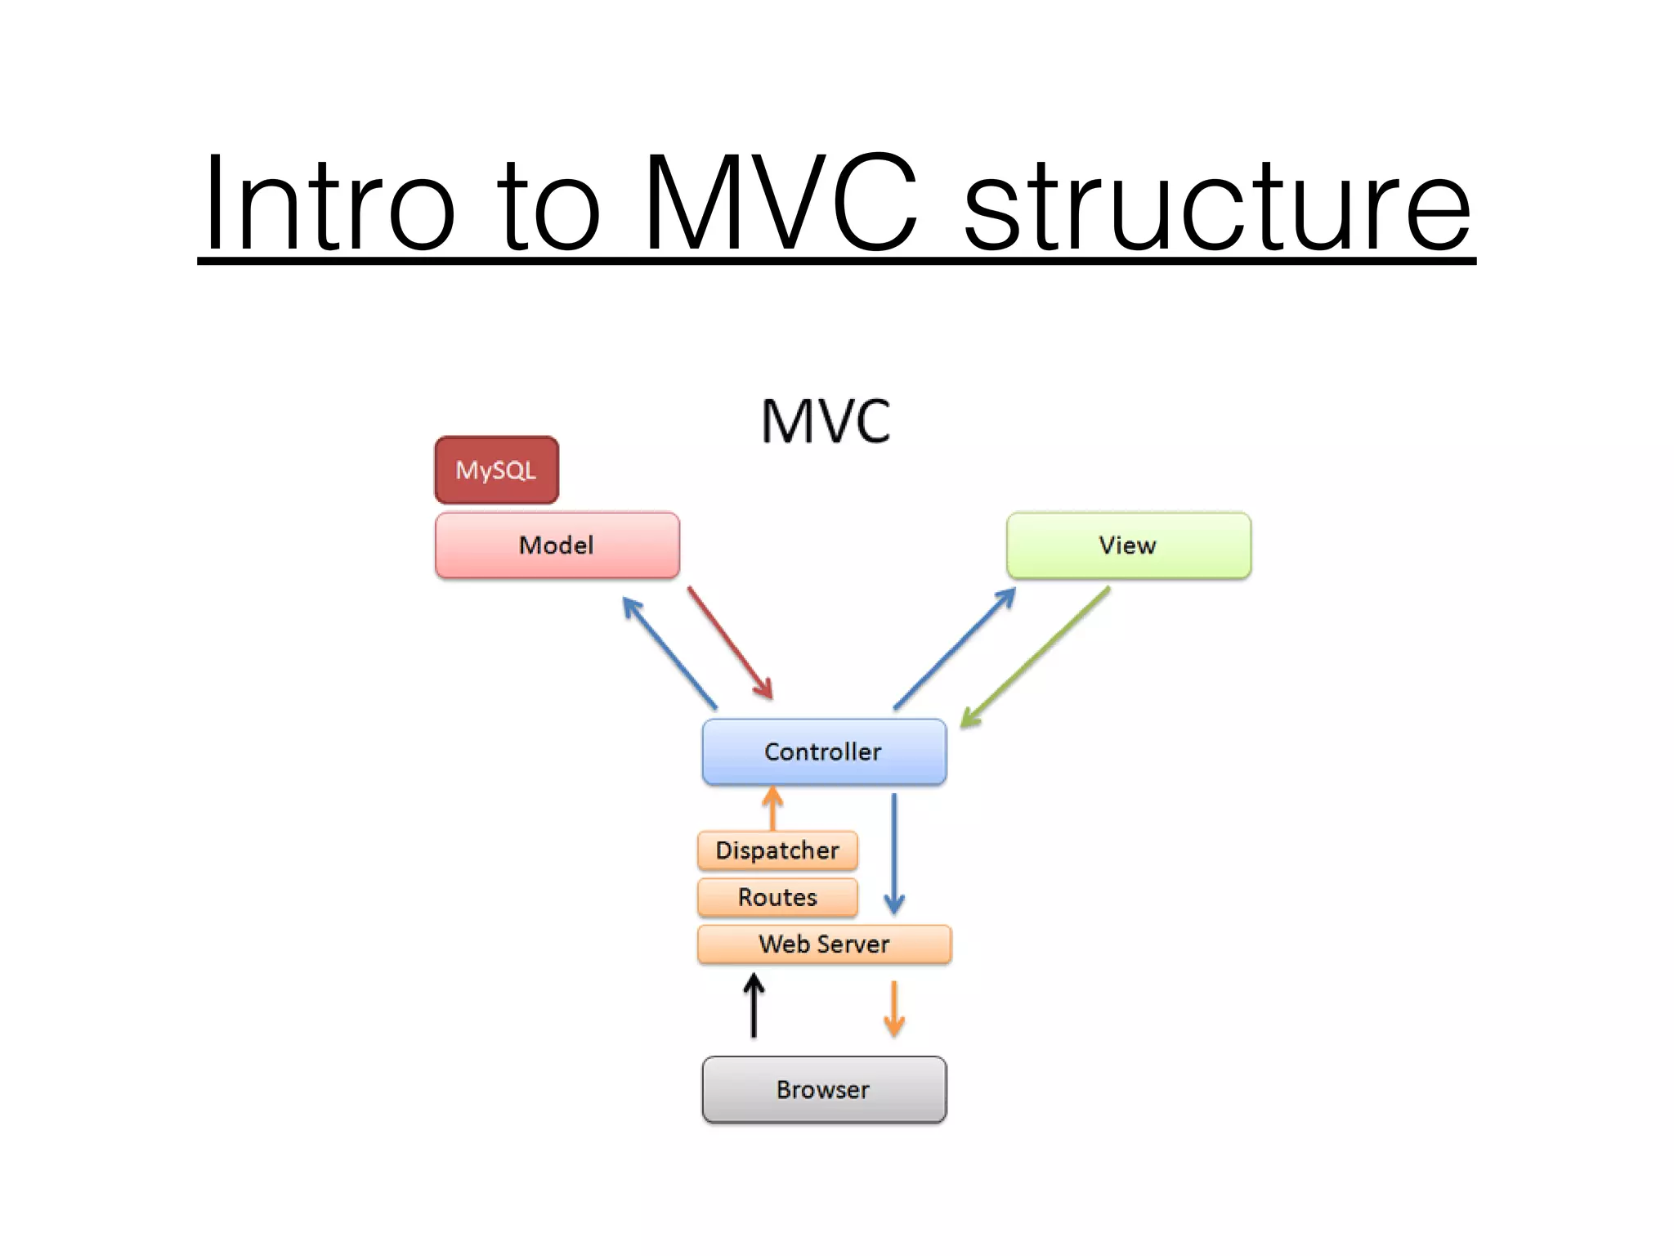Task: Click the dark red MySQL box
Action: [496, 470]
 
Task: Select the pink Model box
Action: [557, 545]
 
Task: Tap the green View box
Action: [1128, 545]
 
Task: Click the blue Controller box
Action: [824, 751]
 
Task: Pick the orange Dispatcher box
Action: [777, 850]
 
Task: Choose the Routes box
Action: [777, 897]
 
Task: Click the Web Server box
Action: [824, 944]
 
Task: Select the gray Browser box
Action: [824, 1089]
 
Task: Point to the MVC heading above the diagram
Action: [826, 422]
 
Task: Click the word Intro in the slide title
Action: [327, 204]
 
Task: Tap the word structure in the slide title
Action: [1218, 204]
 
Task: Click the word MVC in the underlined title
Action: [781, 204]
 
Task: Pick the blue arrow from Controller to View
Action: [955, 648]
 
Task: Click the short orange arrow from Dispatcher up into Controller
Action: [772, 808]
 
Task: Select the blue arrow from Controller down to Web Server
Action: [894, 854]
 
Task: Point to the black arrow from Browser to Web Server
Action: [754, 1006]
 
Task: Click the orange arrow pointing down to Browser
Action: [894, 1008]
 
